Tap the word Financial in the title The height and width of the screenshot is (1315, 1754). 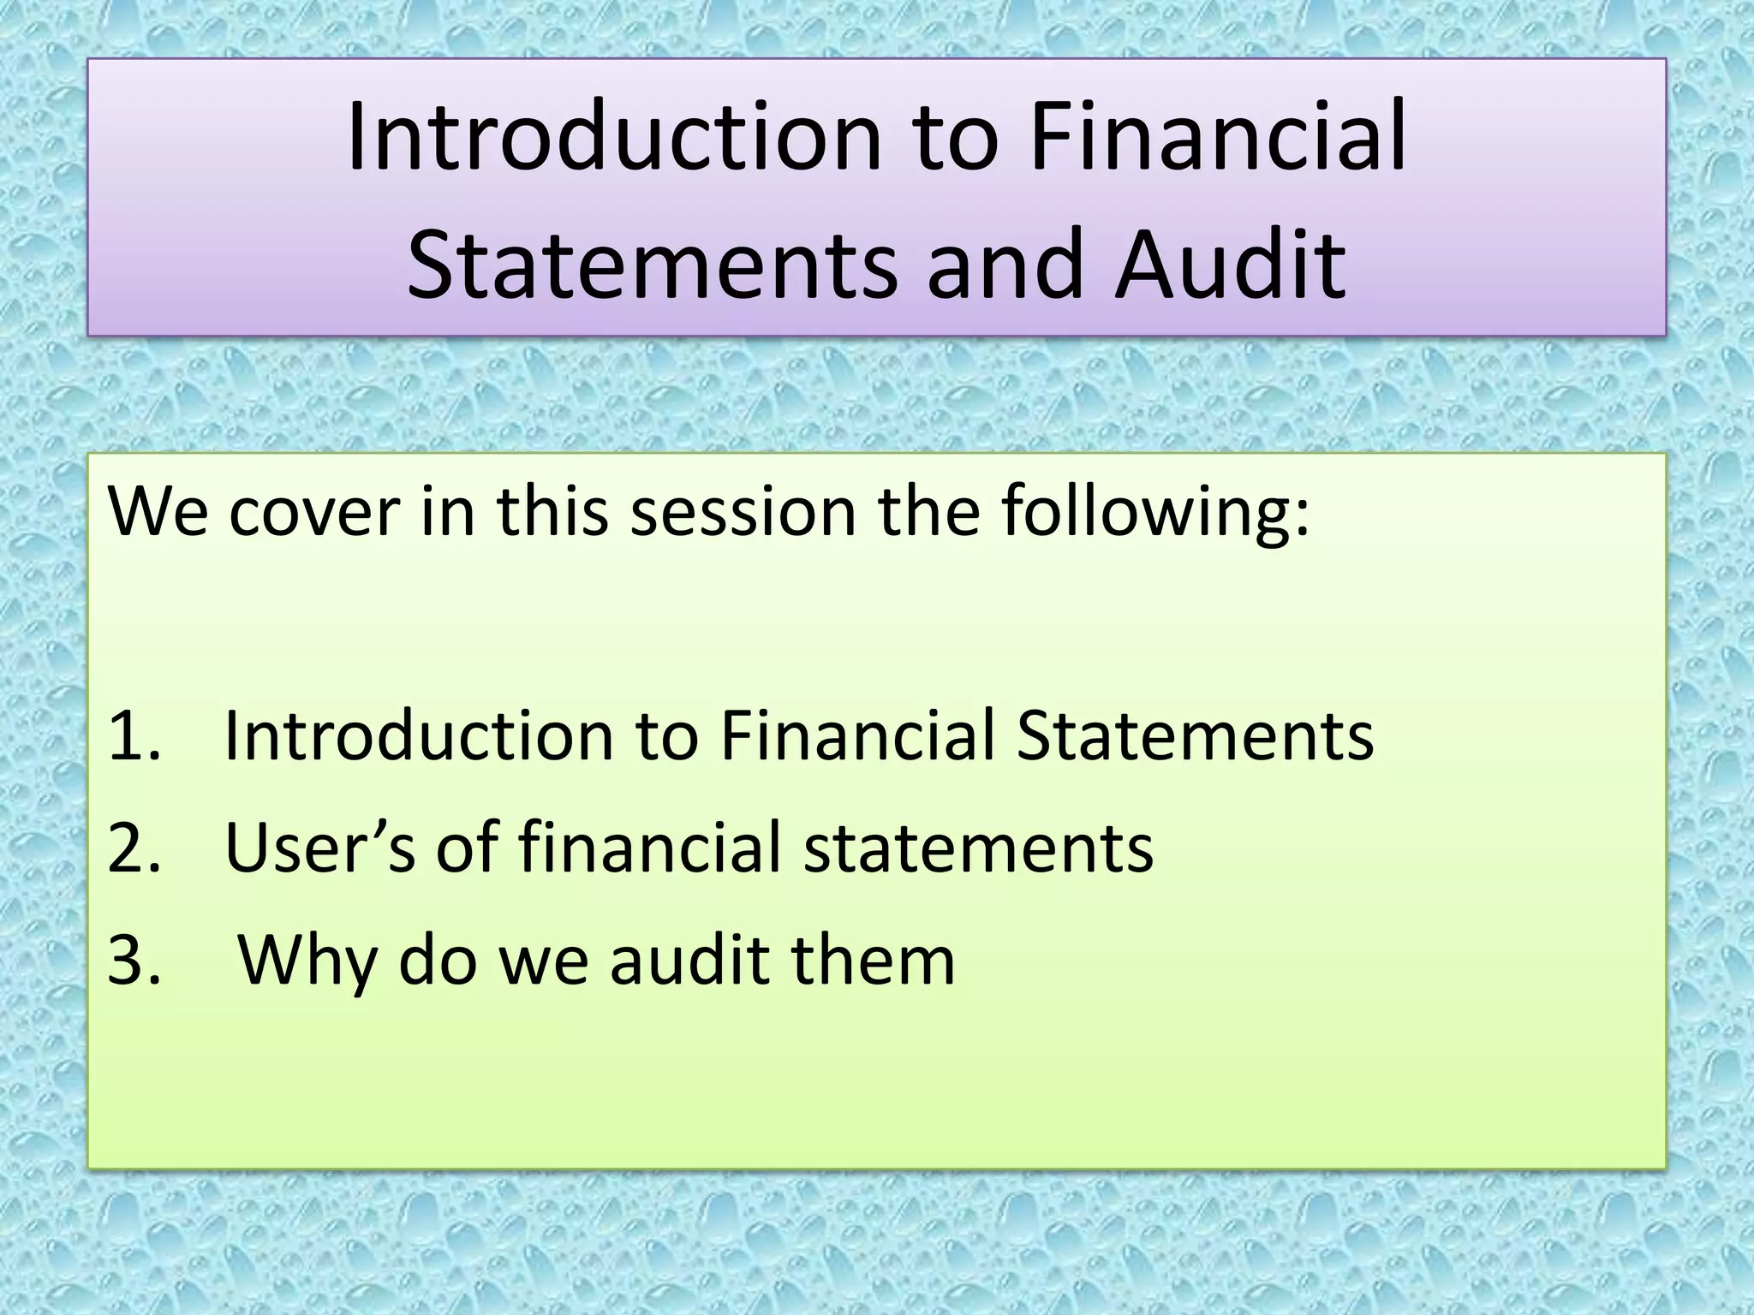pos(1218,137)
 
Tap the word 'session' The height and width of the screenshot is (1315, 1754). pos(743,511)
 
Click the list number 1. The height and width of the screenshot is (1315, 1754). pos(133,735)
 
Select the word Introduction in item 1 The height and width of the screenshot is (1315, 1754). pos(419,735)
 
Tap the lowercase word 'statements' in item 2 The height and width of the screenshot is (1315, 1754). pos(978,848)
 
